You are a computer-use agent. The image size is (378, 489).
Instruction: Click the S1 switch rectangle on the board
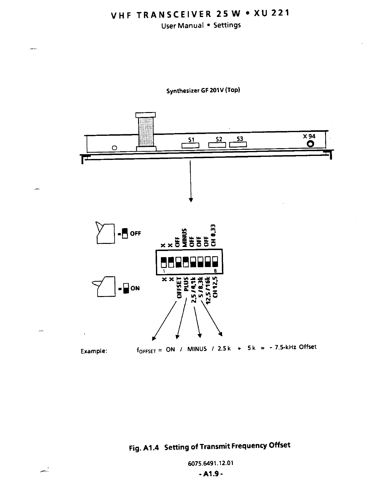[191, 145]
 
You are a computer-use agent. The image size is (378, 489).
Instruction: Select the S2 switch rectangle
[218, 145]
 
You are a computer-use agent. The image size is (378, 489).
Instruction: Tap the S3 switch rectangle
[238, 145]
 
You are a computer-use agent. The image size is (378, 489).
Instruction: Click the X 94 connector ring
[310, 144]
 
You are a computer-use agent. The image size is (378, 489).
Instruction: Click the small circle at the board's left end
[114, 148]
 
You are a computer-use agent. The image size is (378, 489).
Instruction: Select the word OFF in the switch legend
[135, 234]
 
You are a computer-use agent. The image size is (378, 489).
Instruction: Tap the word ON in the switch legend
[135, 288]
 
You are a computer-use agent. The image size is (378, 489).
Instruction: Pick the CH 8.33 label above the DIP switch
[214, 235]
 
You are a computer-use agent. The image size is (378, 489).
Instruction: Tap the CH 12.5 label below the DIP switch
[216, 287]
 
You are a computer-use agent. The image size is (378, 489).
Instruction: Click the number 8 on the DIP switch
[215, 271]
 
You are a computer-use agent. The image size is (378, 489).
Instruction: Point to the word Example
[94, 351]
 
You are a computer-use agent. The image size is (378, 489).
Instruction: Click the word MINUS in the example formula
[197, 349]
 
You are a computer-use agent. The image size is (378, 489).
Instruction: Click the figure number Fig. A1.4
[144, 448]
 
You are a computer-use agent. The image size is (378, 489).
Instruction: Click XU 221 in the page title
[271, 13]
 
